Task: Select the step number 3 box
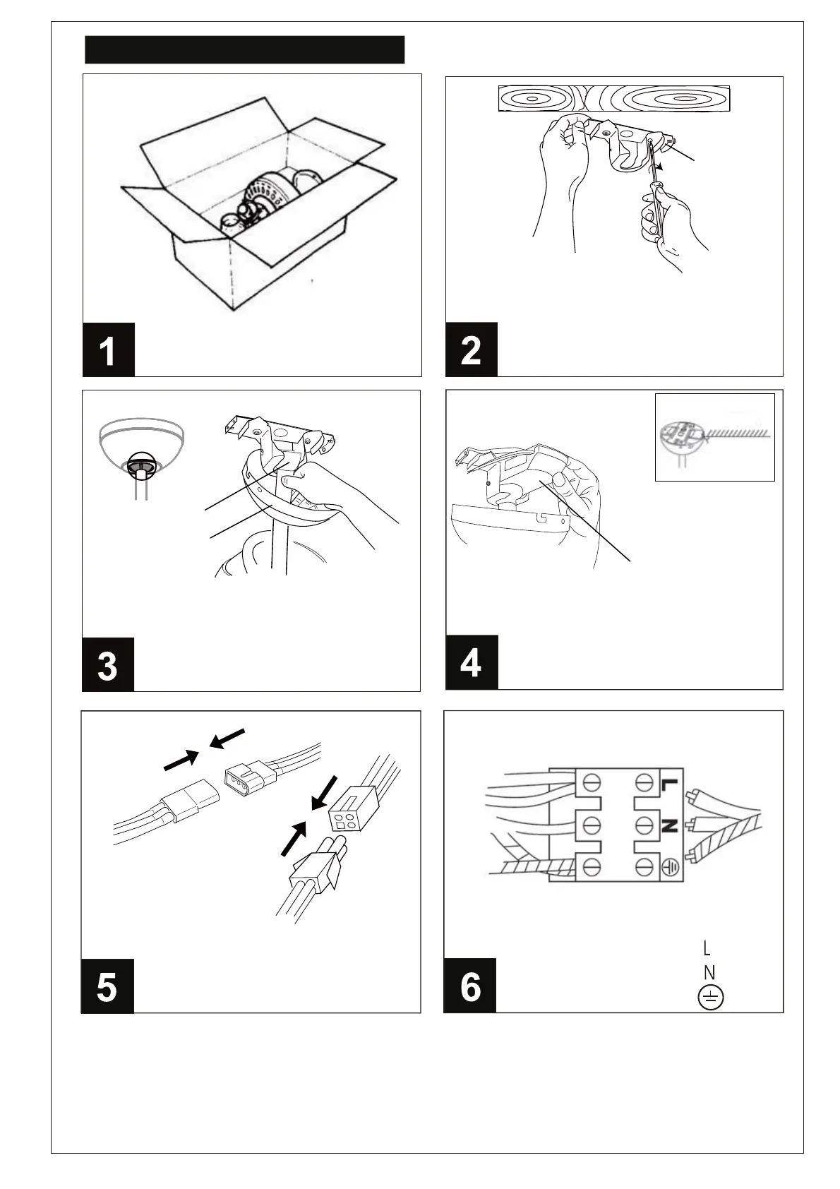[x=107, y=665]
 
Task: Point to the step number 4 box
[x=471, y=662]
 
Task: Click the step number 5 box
[x=107, y=986]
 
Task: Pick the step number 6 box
[x=469, y=986]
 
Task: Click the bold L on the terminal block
[x=669, y=784]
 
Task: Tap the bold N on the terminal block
[x=669, y=825]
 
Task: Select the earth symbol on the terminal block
[x=670, y=868]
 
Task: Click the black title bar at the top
[x=244, y=50]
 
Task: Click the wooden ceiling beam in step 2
[x=613, y=98]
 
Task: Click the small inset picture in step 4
[x=714, y=437]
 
